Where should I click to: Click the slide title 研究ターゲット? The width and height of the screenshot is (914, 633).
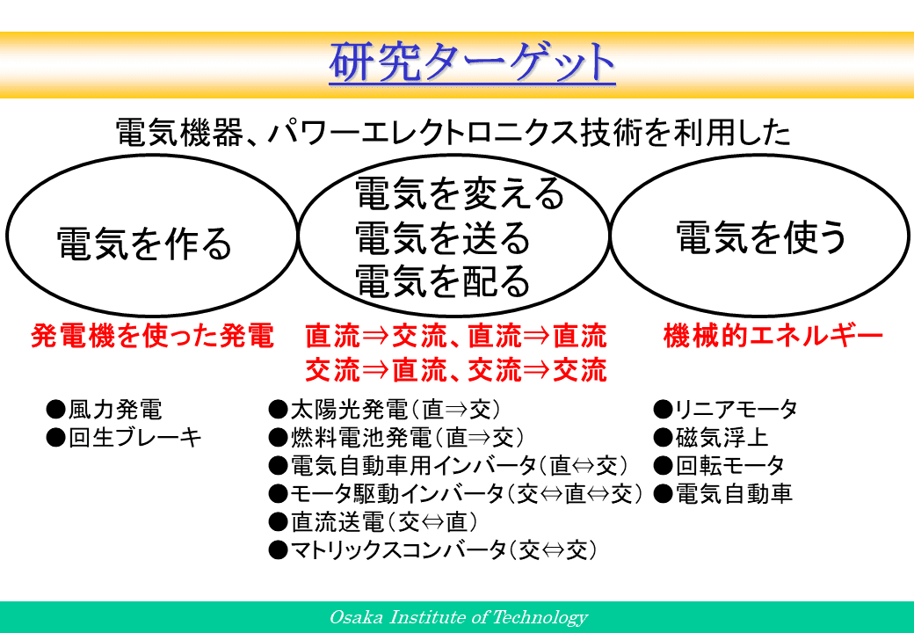(x=472, y=62)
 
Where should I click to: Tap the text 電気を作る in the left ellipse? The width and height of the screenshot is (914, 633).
(x=144, y=244)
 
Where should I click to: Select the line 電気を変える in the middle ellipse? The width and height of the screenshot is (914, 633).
(x=460, y=194)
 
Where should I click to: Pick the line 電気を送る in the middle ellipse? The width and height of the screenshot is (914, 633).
(x=442, y=237)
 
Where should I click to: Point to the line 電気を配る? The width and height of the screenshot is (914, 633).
(x=442, y=281)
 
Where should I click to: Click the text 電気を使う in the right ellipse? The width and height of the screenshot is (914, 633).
(x=761, y=237)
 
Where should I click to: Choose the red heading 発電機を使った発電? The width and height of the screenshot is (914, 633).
(x=152, y=337)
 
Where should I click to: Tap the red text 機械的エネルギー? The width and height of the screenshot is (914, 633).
(x=773, y=337)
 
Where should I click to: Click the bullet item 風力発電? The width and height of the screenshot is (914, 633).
(x=105, y=410)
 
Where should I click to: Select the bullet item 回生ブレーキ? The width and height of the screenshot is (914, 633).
(x=124, y=438)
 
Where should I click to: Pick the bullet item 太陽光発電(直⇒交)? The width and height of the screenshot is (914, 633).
(x=385, y=410)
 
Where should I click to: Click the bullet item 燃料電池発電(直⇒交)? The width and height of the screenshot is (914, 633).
(x=397, y=438)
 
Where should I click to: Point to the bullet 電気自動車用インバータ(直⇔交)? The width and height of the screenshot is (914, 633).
(x=449, y=466)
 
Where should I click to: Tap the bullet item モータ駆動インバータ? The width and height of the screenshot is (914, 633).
(x=456, y=494)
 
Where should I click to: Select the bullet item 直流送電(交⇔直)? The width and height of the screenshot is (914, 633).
(x=374, y=521)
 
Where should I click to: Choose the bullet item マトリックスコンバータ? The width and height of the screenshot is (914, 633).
(x=433, y=549)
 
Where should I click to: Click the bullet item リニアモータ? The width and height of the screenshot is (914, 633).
(x=725, y=410)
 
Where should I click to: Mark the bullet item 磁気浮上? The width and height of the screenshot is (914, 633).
(x=711, y=438)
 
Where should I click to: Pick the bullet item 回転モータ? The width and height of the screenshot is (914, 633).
(x=719, y=466)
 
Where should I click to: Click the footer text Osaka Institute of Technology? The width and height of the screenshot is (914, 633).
(x=459, y=617)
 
